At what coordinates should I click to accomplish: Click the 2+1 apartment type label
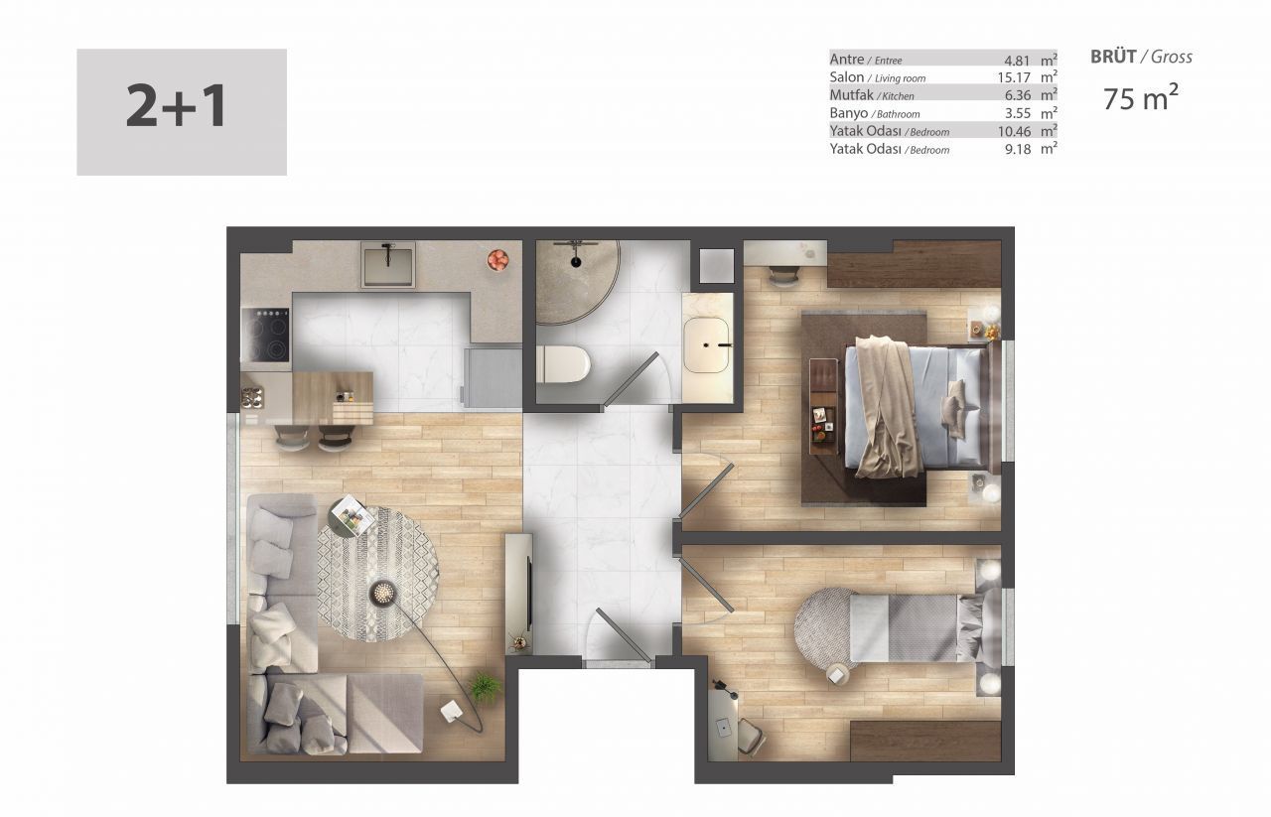[177, 106]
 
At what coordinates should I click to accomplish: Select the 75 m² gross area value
[1141, 98]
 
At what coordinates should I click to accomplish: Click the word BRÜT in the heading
[1113, 57]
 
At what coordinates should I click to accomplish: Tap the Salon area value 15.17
[1014, 77]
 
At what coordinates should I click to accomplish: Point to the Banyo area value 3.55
[1018, 113]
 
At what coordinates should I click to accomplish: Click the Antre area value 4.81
[1017, 60]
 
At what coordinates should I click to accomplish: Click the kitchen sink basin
[388, 265]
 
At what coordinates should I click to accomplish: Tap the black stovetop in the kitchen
[265, 335]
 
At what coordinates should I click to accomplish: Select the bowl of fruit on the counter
[497, 260]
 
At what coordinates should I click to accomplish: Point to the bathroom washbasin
[706, 344]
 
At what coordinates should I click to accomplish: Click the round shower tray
[577, 282]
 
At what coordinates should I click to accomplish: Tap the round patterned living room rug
[378, 574]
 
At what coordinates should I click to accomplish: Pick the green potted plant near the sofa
[485, 688]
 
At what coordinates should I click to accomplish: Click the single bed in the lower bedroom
[924, 627]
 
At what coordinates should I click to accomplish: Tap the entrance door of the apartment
[623, 635]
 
